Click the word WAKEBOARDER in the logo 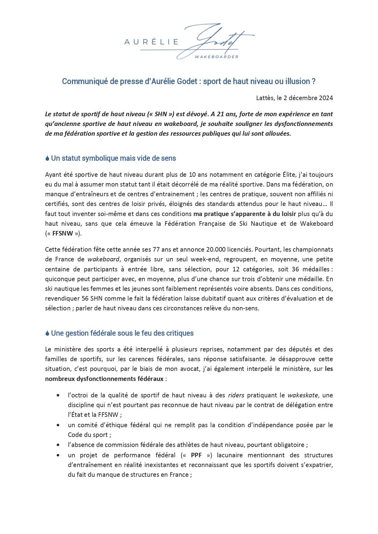coord(216,57)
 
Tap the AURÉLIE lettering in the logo coord(151,42)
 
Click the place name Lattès coord(265,98)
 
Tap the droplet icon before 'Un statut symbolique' coord(47,158)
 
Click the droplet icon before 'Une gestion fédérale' coord(47,333)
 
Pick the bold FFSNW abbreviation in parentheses coord(63,234)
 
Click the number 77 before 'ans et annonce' coord(156,250)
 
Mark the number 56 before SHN coord(85,298)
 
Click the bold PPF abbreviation coord(196,455)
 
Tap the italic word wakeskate coord(303,395)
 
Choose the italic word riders coord(236,395)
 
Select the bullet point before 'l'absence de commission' coord(58,445)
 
